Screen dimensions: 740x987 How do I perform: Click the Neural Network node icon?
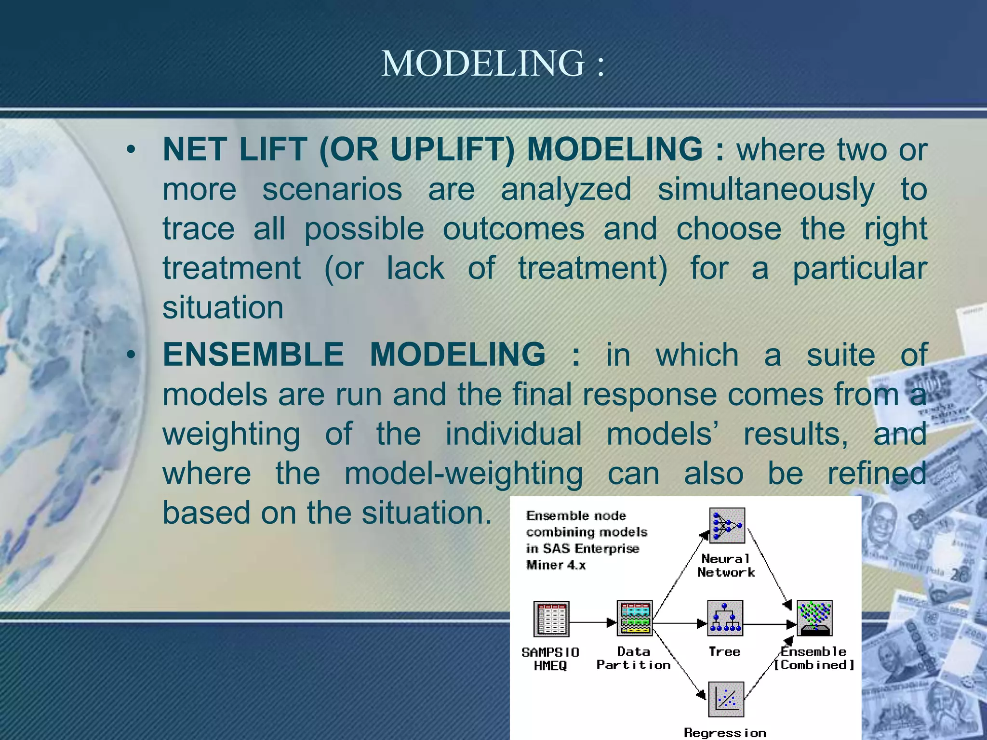point(727,526)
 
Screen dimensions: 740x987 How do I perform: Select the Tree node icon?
point(725,618)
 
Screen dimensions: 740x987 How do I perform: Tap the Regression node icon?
point(726,699)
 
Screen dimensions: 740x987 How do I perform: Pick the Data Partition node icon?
point(635,619)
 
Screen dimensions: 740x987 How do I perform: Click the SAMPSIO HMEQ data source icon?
point(551,619)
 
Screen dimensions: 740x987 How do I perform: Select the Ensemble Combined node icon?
point(814,618)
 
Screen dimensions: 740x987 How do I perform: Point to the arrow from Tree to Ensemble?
point(769,624)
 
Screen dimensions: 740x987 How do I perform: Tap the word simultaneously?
point(766,189)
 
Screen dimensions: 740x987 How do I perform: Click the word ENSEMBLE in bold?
point(253,355)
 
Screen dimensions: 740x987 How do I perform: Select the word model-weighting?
point(464,473)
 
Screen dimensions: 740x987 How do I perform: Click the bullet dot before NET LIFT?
point(131,150)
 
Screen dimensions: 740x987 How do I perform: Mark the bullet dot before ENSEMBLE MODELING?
point(131,356)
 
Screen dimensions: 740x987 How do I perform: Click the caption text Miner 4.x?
point(556,565)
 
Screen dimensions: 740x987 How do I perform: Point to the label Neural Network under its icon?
point(726,566)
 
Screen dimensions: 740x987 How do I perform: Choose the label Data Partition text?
point(633,658)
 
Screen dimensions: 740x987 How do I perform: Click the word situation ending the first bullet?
point(223,308)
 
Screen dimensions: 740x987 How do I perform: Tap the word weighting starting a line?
point(231,434)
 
